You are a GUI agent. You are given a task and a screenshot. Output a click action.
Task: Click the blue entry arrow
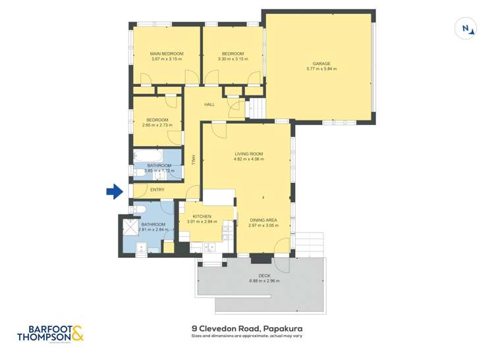pos(115,192)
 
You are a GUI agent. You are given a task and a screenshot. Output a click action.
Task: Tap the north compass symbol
pos(466,28)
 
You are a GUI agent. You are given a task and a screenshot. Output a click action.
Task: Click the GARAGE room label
pos(321,64)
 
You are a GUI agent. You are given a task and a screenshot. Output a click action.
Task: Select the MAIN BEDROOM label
pos(166,54)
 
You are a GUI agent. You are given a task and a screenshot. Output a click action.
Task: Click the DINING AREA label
pos(263,220)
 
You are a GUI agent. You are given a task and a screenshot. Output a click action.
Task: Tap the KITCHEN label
pos(202,217)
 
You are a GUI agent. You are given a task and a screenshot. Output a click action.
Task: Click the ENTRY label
pos(157,190)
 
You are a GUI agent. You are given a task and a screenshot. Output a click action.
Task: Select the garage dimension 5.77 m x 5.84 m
pos(321,69)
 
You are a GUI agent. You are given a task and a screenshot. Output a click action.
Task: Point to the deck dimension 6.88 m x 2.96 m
pos(264,281)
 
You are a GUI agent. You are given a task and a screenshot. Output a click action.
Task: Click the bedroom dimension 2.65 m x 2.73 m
pos(157,125)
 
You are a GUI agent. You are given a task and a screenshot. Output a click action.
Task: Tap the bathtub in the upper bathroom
pos(144,157)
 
